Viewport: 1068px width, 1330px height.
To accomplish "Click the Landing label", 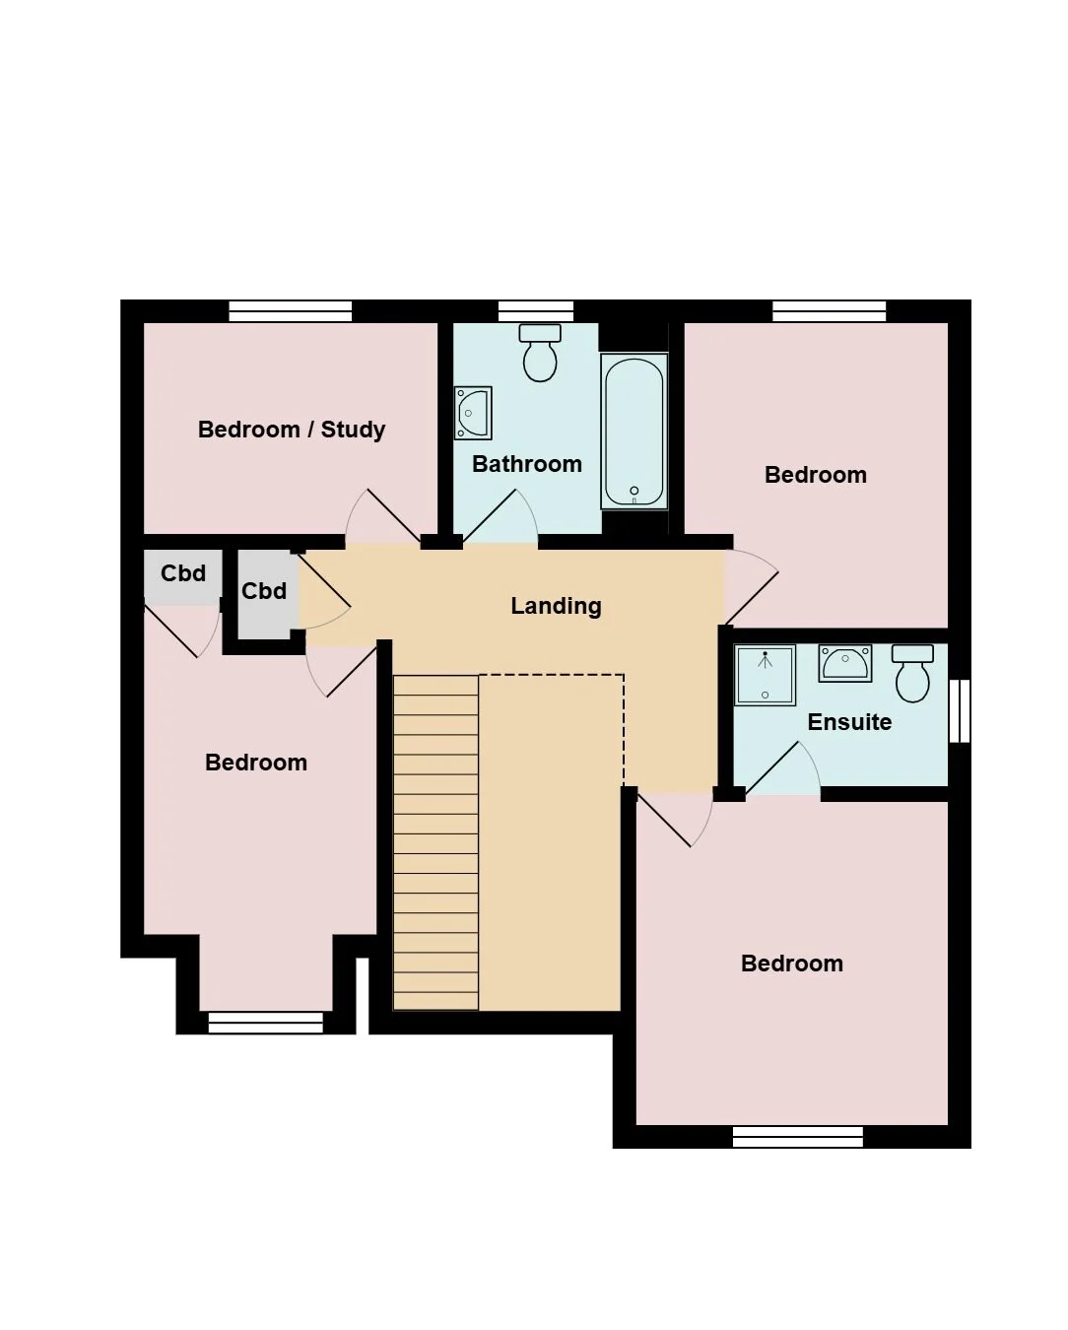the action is click(556, 606).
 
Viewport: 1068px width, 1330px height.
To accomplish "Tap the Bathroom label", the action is click(526, 464).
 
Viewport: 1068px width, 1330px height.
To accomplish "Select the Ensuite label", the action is click(849, 722).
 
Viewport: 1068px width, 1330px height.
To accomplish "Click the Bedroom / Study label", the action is click(291, 430).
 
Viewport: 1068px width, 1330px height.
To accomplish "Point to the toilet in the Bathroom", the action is click(540, 353).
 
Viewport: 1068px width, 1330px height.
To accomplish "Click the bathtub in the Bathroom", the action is click(634, 432).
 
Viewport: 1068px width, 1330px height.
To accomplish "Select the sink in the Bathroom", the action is click(473, 413).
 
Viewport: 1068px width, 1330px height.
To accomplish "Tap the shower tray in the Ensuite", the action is click(766, 675).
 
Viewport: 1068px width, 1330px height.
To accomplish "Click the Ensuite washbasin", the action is click(845, 663).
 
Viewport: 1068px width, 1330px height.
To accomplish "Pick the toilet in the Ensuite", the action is click(913, 674).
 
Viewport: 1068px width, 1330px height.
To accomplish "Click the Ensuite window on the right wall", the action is click(960, 710).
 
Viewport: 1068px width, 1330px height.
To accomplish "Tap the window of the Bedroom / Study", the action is click(291, 311).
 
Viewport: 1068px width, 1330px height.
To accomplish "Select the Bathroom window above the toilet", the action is click(536, 311).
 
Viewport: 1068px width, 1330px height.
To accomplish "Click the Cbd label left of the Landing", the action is click(264, 591).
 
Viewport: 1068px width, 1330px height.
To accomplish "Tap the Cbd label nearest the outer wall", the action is click(183, 573).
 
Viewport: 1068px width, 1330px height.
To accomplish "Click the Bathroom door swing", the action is click(501, 517).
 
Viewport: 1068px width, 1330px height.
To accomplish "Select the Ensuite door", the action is click(782, 768).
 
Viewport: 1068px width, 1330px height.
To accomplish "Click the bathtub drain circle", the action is click(634, 491).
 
